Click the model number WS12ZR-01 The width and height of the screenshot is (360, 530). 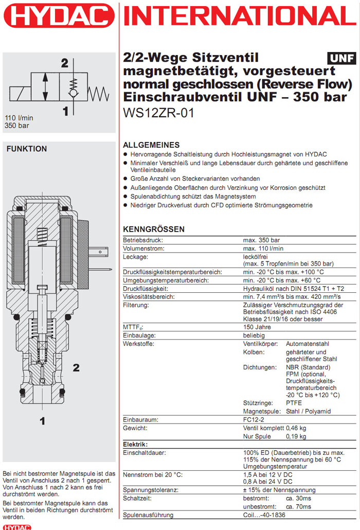coord(159,113)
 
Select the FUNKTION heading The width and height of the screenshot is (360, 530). coord(26,149)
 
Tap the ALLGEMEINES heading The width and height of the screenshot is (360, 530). coord(151,145)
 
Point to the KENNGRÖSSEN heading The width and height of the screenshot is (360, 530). coord(154,229)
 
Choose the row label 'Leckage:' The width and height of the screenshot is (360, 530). coord(136,256)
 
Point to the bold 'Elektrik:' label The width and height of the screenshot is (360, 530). coord(136,444)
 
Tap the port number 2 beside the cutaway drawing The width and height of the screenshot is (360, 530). coord(76,367)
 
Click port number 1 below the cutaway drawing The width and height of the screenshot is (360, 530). coord(43,421)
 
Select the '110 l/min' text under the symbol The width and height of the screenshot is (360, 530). coord(19,117)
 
